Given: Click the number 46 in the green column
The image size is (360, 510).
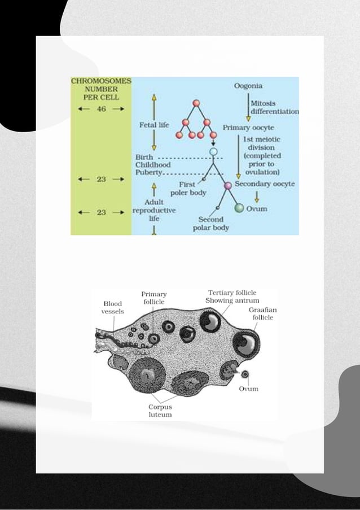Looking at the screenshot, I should point(101,109).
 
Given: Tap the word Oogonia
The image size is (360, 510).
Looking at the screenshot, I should point(248,86).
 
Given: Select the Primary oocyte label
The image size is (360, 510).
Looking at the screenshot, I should point(248,128).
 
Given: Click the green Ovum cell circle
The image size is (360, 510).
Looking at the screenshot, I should point(239,208).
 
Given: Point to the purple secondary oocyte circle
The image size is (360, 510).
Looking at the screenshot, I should point(228,185).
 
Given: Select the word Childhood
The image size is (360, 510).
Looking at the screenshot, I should point(153,164).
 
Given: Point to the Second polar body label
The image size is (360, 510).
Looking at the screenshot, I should point(210,224).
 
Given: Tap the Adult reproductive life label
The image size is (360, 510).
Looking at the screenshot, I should point(154,210).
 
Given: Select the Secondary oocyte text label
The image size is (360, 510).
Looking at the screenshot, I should point(265,184).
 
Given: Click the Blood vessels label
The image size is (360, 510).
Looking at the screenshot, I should point(113,307).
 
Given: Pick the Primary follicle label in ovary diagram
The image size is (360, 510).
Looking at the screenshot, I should point(154,298).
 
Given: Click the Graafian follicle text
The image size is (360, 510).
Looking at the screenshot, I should point(263,314).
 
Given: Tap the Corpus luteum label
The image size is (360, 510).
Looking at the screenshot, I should point(160,411).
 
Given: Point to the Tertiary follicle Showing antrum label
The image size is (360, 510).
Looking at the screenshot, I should point(232,297).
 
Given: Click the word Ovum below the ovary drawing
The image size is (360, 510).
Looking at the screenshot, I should point(249,389).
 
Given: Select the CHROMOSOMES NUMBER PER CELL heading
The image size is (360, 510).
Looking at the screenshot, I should point(101,89).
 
